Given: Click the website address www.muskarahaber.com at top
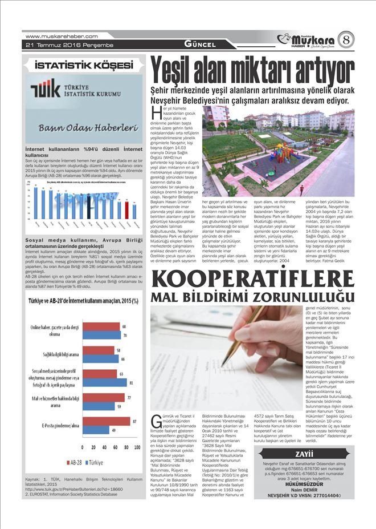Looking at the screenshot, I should click(58, 36).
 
